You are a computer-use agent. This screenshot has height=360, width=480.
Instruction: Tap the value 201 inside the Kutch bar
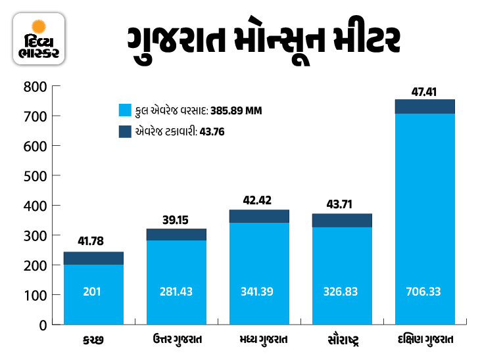pyautogui.click(x=93, y=291)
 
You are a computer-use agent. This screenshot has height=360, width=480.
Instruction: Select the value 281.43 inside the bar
pyautogui.click(x=176, y=291)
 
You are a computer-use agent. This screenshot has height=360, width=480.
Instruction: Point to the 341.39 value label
pyautogui.click(x=259, y=291)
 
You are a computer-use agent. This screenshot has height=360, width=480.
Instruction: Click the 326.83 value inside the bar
pyautogui.click(x=342, y=291)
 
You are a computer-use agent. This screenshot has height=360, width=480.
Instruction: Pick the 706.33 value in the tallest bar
pyautogui.click(x=425, y=291)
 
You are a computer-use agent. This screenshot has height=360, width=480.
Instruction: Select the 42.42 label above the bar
pyautogui.click(x=259, y=200)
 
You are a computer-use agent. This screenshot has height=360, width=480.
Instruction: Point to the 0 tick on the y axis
pyautogui.click(x=42, y=325)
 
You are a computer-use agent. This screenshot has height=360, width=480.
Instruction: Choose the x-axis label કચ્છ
pyautogui.click(x=93, y=342)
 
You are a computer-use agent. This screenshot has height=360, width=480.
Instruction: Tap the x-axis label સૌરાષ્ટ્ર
pyautogui.click(x=342, y=342)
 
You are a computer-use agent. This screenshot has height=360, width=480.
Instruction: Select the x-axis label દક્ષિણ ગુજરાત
pyautogui.click(x=425, y=342)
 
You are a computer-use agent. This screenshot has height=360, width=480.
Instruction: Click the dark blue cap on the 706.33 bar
pyautogui.click(x=425, y=106)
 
